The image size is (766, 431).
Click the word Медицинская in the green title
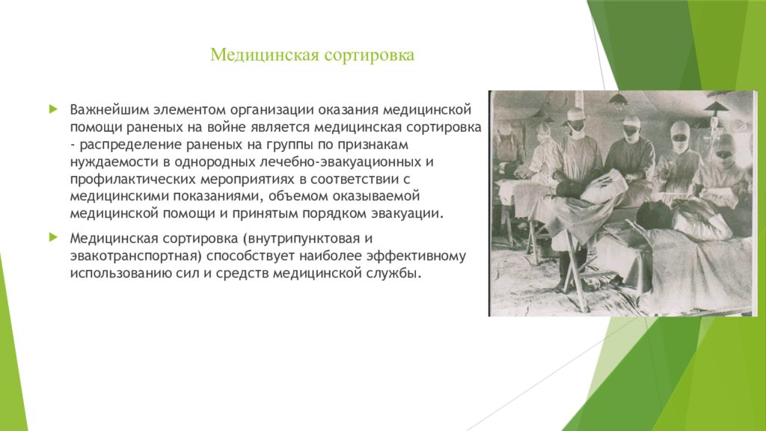pyautogui.click(x=264, y=55)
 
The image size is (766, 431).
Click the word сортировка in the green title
pyautogui.click(x=369, y=55)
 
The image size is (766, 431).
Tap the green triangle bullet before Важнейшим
pyautogui.click(x=53, y=108)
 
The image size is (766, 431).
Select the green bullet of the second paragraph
pyautogui.click(x=53, y=237)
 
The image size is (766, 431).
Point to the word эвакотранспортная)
pyautogui.click(x=136, y=257)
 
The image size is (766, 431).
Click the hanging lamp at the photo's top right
pyautogui.click(x=715, y=106)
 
